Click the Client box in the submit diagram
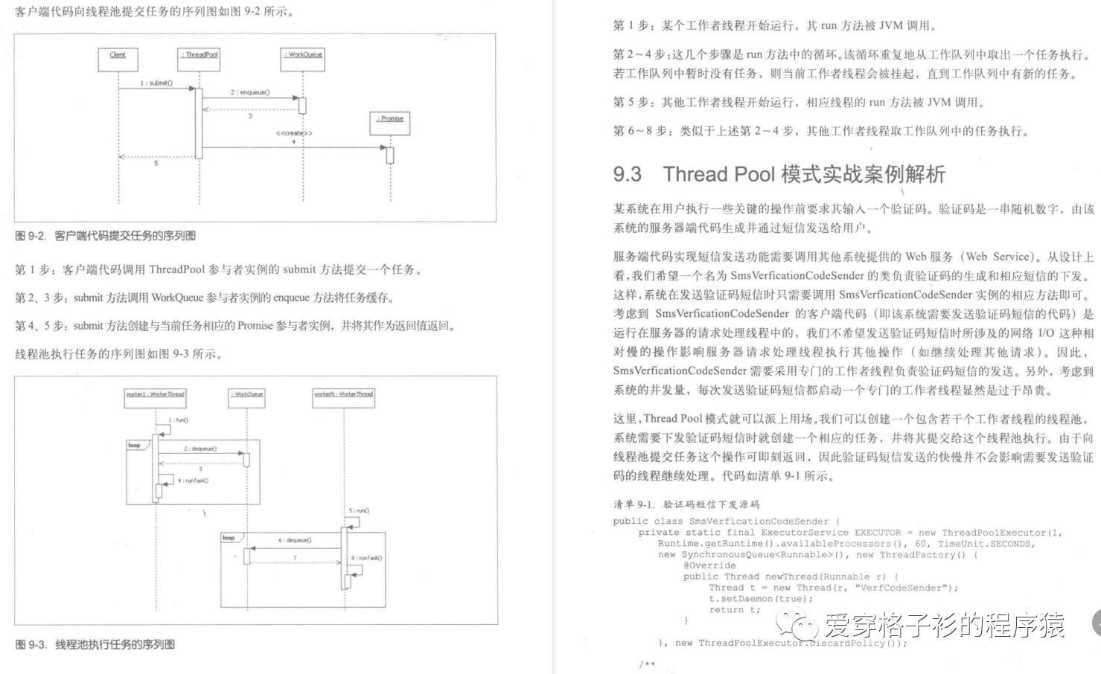[118, 59]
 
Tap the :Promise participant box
[389, 123]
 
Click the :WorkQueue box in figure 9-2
[304, 59]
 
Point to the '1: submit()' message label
[156, 83]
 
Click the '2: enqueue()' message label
[250, 93]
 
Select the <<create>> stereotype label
[294, 133]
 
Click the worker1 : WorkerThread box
[155, 398]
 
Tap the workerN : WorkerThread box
[343, 398]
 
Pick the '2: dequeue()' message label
[200, 449]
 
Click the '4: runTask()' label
[193, 481]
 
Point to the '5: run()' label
[359, 511]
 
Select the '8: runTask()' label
[366, 558]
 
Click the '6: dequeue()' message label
[295, 540]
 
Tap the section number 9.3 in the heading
[627, 175]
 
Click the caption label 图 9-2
[31, 236]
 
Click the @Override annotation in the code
[709, 565]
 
